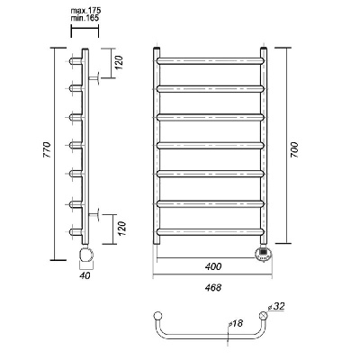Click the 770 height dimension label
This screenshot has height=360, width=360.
[x=48, y=149]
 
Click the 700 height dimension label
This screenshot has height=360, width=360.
[x=294, y=150]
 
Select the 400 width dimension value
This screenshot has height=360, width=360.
[x=213, y=266]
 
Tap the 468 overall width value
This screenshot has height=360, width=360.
[x=213, y=287]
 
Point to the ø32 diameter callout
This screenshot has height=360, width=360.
[x=276, y=307]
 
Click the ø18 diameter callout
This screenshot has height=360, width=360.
[x=235, y=323]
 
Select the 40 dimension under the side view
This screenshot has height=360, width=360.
[x=85, y=275]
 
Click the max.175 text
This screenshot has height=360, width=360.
[x=85, y=11]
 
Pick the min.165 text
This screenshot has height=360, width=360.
[x=85, y=18]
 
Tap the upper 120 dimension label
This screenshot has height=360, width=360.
[x=120, y=62]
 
